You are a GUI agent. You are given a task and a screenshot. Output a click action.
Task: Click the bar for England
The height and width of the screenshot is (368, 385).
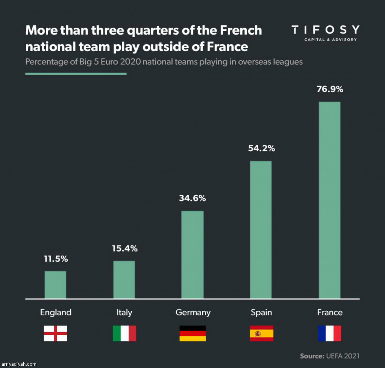(x=55, y=285)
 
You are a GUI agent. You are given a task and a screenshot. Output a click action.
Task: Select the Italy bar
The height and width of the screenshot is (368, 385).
(x=124, y=280)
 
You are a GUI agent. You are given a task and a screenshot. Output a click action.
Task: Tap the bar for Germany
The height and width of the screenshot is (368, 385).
(x=192, y=255)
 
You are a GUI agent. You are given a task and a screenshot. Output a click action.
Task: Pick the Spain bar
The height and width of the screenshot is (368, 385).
(x=261, y=230)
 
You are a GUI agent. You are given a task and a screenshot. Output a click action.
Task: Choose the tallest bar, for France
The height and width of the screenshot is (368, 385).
(x=329, y=200)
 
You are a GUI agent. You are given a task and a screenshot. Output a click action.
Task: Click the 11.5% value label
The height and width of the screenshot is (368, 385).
(x=56, y=259)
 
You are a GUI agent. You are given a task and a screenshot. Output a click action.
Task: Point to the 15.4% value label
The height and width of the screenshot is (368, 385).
(x=124, y=248)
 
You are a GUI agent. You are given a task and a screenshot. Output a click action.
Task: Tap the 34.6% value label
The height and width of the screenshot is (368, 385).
(x=192, y=198)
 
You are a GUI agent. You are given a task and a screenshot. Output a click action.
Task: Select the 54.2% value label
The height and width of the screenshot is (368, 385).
(x=261, y=148)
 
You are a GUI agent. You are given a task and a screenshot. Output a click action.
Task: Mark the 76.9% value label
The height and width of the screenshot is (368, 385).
(x=330, y=90)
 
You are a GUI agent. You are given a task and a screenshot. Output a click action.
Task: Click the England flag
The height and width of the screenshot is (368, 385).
(x=55, y=333)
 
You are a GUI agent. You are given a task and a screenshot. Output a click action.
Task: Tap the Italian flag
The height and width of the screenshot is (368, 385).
(x=124, y=333)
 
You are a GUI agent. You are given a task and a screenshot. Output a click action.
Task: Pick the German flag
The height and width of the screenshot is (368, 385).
(x=192, y=333)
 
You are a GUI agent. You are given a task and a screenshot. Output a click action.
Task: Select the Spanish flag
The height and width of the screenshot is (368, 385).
(x=261, y=333)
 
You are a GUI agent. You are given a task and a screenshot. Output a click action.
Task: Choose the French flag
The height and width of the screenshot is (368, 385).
(x=330, y=333)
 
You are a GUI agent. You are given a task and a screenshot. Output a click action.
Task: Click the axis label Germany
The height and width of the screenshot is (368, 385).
(x=193, y=312)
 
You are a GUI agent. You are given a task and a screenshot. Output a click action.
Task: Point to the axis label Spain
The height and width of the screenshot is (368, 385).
(x=261, y=312)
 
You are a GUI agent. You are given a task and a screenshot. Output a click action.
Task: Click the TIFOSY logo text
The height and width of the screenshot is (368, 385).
(x=326, y=30)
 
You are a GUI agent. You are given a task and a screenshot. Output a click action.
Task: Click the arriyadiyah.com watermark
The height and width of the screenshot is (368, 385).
(x=19, y=364)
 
